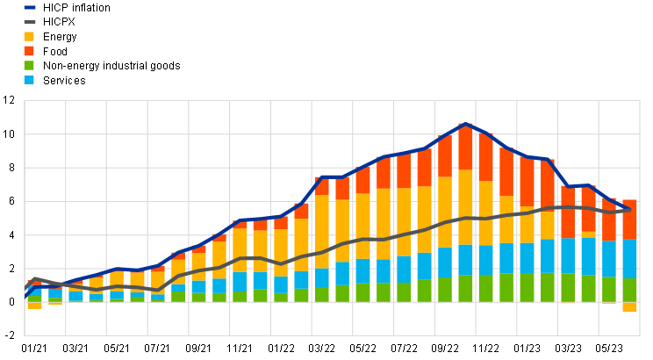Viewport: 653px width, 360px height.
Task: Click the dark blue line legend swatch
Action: (30, 7)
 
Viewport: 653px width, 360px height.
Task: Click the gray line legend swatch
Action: (30, 21)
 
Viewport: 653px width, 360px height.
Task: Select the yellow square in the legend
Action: (29, 37)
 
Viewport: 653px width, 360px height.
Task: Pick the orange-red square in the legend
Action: (29, 51)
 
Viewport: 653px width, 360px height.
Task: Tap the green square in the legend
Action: (29, 65)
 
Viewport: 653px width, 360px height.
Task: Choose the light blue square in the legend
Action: (29, 80)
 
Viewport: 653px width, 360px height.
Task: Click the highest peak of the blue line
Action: (465, 125)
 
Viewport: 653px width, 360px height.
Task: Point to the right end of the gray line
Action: (629, 210)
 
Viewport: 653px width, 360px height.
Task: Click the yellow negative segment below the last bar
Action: (630, 307)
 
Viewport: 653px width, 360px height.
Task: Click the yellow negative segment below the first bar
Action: (34, 306)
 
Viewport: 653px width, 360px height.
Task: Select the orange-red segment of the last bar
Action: (630, 220)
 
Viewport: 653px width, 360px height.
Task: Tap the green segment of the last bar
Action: (630, 290)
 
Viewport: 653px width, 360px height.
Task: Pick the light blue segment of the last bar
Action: (630, 259)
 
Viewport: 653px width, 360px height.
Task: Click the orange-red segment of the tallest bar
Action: (465, 147)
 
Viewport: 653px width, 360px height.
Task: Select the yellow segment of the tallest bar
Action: (465, 207)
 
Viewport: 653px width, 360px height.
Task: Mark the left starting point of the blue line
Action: (25, 297)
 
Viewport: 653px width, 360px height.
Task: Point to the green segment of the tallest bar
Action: (465, 289)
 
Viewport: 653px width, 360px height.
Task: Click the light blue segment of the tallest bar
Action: (465, 261)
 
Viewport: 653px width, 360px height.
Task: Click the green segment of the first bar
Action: (34, 299)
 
